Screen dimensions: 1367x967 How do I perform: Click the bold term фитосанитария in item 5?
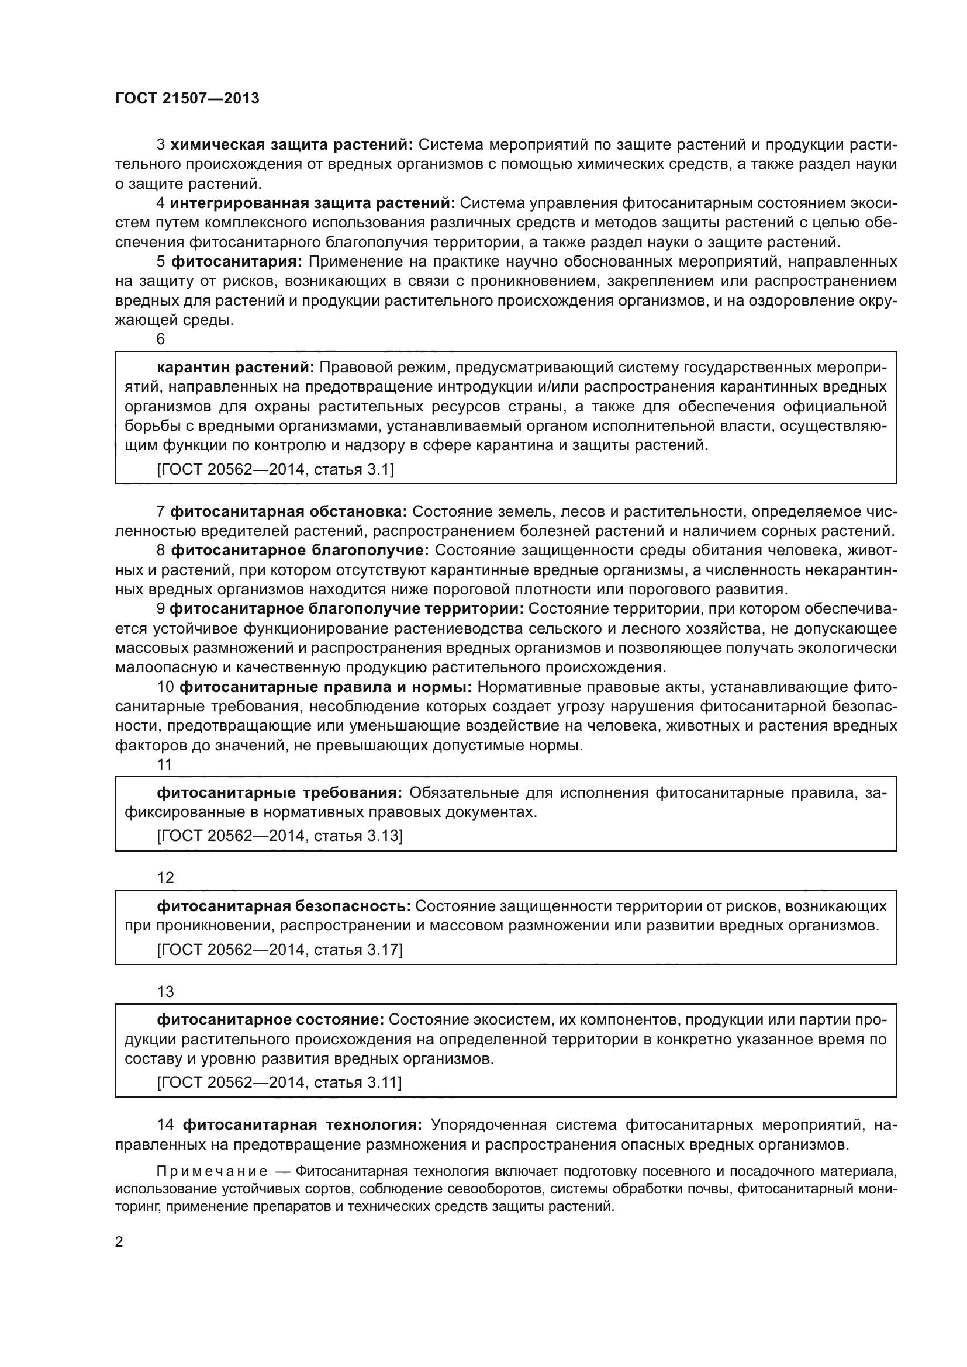pos(237,261)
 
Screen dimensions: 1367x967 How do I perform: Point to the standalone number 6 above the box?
pos(161,340)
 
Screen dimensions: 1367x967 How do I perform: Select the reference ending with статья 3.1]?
pos(275,470)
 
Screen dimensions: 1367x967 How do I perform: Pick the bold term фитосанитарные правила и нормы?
pos(326,687)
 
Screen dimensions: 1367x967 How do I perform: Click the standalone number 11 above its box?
pos(164,764)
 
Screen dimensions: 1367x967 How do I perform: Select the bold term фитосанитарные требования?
pos(279,792)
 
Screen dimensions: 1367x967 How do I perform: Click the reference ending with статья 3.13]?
pos(279,836)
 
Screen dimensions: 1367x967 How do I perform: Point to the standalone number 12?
pos(165,878)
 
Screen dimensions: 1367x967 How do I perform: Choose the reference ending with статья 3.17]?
pos(279,950)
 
